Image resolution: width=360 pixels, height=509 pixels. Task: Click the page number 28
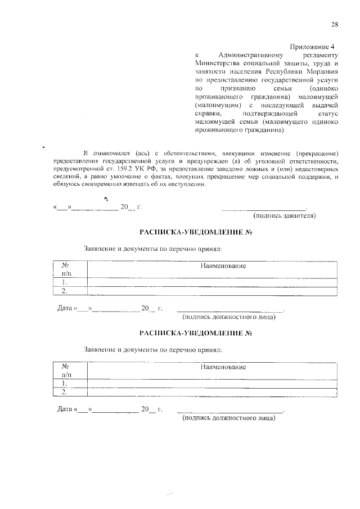[334, 24]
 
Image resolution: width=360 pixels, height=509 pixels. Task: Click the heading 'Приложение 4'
[312, 46]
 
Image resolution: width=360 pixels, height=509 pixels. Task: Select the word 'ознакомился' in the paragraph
[111, 152]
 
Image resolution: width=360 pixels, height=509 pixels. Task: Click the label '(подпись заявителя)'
[285, 215]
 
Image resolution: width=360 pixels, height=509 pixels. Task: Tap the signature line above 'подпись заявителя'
[264, 209]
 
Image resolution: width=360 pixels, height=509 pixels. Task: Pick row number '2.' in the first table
[65, 291]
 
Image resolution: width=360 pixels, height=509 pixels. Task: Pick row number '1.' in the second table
[65, 384]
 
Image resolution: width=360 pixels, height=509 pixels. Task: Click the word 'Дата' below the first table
[65, 308]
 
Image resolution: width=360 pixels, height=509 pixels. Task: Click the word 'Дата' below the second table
[65, 409]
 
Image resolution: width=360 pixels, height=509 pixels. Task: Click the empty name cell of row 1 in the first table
[212, 282]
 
